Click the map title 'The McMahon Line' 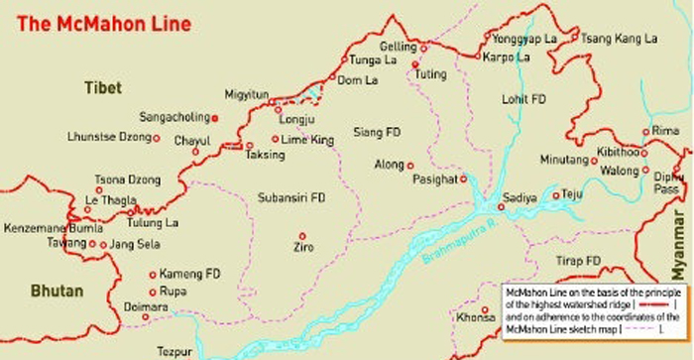82,19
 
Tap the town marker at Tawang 92,243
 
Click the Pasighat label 435,180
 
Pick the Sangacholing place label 173,117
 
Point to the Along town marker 409,165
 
